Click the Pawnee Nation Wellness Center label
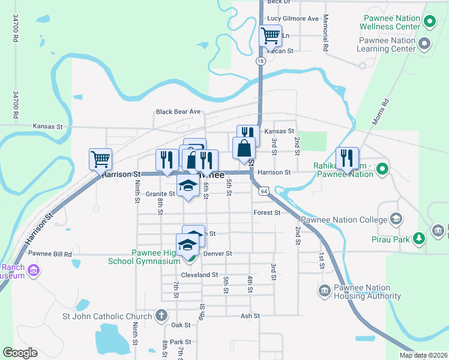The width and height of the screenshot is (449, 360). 390,22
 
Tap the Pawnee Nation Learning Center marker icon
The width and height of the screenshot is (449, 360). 425,44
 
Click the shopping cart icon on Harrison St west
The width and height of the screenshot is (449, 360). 101,159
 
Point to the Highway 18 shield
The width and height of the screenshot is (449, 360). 260,61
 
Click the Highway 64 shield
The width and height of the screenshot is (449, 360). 264,191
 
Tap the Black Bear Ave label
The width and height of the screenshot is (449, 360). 178,112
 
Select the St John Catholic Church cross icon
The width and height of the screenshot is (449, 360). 160,316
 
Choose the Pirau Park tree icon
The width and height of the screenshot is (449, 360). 419,239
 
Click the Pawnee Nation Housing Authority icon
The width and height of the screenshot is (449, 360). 324,291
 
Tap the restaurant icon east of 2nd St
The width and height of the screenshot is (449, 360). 347,158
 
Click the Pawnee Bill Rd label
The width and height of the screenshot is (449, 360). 50,254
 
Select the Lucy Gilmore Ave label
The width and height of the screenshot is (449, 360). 293,19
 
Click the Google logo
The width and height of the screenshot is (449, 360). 20,352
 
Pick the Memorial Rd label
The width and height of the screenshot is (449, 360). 325,32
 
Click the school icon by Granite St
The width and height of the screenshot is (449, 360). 188,186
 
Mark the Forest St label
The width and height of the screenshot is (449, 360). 267,212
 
